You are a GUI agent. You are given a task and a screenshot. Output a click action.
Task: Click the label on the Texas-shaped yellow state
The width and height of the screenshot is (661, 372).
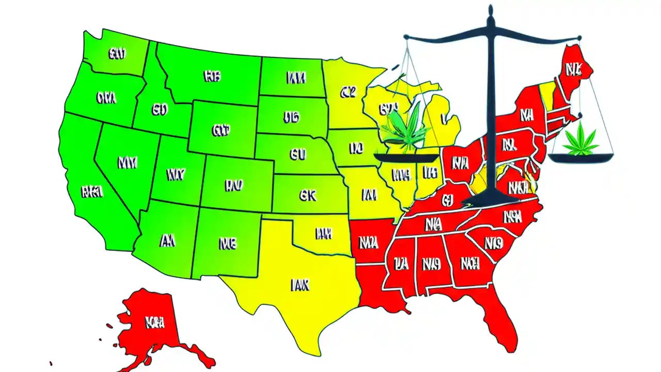tap(300, 285)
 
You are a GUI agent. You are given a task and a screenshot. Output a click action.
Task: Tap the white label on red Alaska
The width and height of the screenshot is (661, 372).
tap(155, 323)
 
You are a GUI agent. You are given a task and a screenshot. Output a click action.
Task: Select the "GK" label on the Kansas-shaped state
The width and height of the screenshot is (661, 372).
tap(307, 195)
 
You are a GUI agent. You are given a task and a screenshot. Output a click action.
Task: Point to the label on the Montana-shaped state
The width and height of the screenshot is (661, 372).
tap(212, 76)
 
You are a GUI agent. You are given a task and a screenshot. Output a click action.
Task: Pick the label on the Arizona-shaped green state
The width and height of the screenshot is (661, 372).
tap(167, 240)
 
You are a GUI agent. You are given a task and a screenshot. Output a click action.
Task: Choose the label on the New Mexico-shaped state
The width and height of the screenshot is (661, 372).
tap(227, 242)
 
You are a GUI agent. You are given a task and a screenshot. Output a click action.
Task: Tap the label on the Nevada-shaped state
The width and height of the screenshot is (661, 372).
tap(127, 163)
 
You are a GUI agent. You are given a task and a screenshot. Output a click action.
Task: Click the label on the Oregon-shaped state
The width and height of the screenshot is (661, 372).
tap(106, 97)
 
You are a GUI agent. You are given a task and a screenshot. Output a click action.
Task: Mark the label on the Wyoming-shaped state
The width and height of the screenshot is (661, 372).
tap(221, 130)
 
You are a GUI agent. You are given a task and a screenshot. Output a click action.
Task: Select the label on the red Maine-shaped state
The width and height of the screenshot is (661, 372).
tap(573, 69)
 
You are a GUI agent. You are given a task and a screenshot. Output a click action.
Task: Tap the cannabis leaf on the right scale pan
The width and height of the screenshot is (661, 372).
tap(581, 141)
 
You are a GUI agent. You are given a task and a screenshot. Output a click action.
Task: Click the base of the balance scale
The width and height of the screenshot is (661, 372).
tap(490, 199)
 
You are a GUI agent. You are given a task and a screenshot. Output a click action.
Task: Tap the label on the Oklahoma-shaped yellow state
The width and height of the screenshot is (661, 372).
tap(323, 234)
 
